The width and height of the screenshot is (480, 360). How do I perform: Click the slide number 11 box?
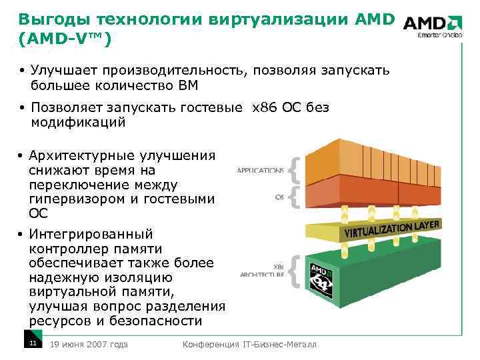pos(31,343)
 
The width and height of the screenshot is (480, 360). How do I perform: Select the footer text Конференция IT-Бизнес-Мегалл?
pos(250,344)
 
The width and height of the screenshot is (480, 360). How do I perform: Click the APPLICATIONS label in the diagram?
pos(260,170)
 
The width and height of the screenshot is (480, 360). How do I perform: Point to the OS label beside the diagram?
pos(279,197)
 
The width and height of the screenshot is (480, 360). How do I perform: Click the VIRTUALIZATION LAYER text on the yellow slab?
pos(391,230)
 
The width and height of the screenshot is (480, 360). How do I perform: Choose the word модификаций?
pos(78,123)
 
